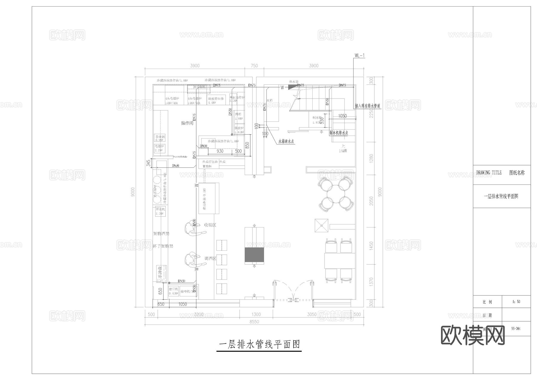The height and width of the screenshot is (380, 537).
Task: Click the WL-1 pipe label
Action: click(x=359, y=56)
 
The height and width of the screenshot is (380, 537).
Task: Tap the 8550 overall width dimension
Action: click(x=254, y=321)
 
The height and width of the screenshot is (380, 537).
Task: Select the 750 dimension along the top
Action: click(x=254, y=66)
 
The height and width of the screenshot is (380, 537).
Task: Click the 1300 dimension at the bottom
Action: click(x=256, y=314)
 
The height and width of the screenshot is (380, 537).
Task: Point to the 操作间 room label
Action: click(x=187, y=123)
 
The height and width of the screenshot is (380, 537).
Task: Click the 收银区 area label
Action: click(x=210, y=225)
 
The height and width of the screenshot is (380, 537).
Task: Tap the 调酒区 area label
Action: click(x=210, y=259)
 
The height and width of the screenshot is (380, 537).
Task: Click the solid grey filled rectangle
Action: click(x=254, y=255)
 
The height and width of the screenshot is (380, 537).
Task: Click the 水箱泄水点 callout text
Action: click(x=286, y=141)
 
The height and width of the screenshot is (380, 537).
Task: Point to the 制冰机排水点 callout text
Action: click(x=339, y=133)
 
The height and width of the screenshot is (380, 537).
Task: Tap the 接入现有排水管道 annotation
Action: click(x=368, y=106)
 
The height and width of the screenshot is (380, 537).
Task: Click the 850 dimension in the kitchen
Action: click(x=247, y=145)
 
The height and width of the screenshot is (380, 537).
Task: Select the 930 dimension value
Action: click(x=220, y=151)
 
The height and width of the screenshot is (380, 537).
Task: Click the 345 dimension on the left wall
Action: click(x=149, y=163)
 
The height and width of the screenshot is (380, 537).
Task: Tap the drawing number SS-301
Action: click(x=516, y=329)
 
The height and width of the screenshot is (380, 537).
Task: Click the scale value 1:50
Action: click(x=516, y=302)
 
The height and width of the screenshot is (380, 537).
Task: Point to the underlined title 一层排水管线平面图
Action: click(x=259, y=345)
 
